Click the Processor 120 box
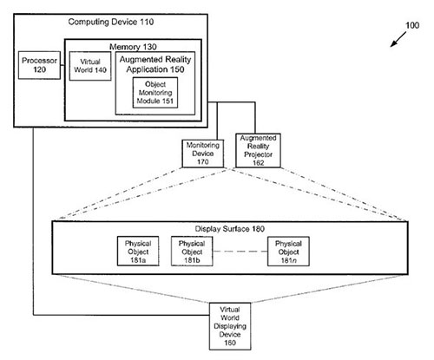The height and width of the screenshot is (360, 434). (x=39, y=65)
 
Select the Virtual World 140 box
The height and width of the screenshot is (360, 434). (x=90, y=66)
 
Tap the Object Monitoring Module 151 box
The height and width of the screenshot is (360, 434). (x=155, y=93)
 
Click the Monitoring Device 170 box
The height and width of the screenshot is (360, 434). (x=203, y=154)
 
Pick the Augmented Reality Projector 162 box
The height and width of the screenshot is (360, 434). (x=258, y=150)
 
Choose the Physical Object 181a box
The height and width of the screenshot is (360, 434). (x=138, y=251)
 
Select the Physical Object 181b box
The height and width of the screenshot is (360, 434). (x=192, y=251)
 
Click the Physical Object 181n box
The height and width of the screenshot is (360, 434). (x=288, y=251)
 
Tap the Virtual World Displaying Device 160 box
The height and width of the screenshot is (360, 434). (x=230, y=326)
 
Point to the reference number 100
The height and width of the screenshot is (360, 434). (x=412, y=25)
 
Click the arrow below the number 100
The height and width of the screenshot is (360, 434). (x=398, y=39)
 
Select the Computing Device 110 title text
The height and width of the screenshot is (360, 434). (x=111, y=22)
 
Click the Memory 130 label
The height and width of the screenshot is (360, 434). (x=133, y=47)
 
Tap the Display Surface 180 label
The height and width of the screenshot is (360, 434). (x=230, y=229)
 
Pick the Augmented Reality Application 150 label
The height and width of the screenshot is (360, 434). (x=155, y=64)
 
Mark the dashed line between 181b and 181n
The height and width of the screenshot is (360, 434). (x=240, y=252)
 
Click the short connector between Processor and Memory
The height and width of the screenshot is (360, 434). (x=62, y=65)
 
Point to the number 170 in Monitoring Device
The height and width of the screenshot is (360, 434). (x=203, y=162)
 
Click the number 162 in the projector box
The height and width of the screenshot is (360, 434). (x=258, y=163)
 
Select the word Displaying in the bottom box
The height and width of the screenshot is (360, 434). (x=230, y=326)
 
